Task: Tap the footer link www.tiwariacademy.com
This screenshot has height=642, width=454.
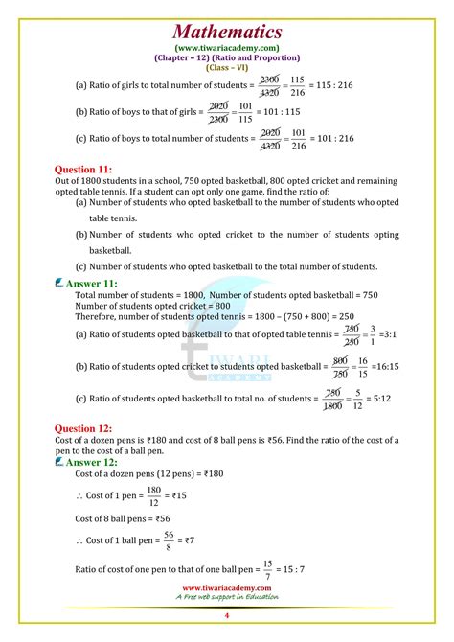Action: pos(227,588)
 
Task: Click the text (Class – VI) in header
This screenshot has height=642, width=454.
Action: pos(227,67)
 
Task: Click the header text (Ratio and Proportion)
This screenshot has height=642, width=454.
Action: pos(260,57)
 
